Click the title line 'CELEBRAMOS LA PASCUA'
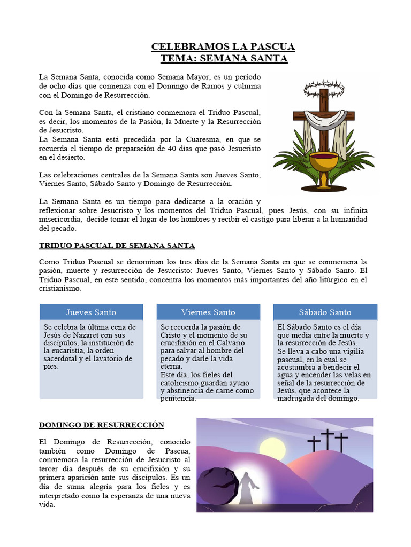coord(223,47)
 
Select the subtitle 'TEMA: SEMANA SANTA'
coord(224,58)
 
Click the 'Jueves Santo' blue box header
coord(91,312)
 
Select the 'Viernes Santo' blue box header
coord(208,312)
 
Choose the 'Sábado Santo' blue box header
coord(325,312)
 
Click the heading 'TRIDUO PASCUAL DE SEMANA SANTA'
coord(117,246)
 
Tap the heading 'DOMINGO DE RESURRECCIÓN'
coord(102,425)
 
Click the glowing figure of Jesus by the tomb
coord(247,487)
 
